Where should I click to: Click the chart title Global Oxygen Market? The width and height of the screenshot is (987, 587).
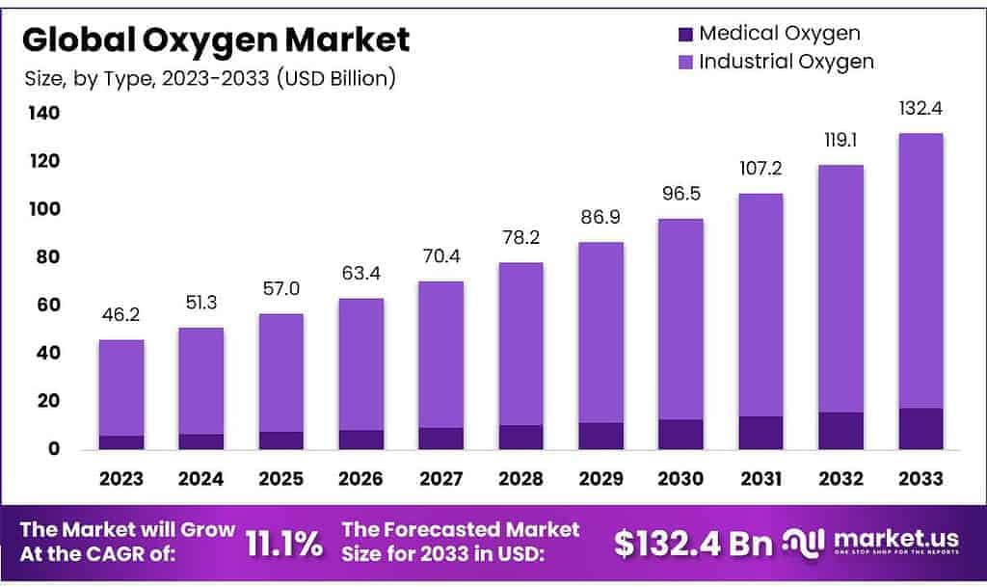coord(216,40)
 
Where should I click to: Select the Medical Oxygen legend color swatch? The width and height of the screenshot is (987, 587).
coord(685,34)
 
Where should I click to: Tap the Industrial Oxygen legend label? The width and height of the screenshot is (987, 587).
coord(787,62)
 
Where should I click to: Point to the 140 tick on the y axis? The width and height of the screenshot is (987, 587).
coord(41,113)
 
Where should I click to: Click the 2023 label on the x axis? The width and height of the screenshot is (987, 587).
coord(121,478)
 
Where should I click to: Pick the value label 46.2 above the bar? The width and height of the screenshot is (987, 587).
coord(121,316)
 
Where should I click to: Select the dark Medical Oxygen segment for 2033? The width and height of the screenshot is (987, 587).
coord(920,429)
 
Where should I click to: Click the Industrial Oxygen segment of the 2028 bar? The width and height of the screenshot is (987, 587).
coord(520,343)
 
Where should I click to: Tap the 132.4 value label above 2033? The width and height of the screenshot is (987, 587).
coord(920,109)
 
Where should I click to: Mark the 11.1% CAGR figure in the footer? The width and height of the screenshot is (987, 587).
coord(284,544)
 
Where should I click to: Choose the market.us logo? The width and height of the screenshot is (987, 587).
coord(872,544)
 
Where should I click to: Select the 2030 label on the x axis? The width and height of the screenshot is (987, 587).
coord(680,478)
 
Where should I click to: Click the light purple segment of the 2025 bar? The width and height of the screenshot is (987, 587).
coord(280,372)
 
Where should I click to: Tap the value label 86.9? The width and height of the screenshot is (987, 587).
coord(600,218)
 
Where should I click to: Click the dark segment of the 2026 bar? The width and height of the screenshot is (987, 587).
coord(360,440)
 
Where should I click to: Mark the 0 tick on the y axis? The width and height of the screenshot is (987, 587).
coord(53,449)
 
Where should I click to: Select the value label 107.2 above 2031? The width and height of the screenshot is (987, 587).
coord(760,170)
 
